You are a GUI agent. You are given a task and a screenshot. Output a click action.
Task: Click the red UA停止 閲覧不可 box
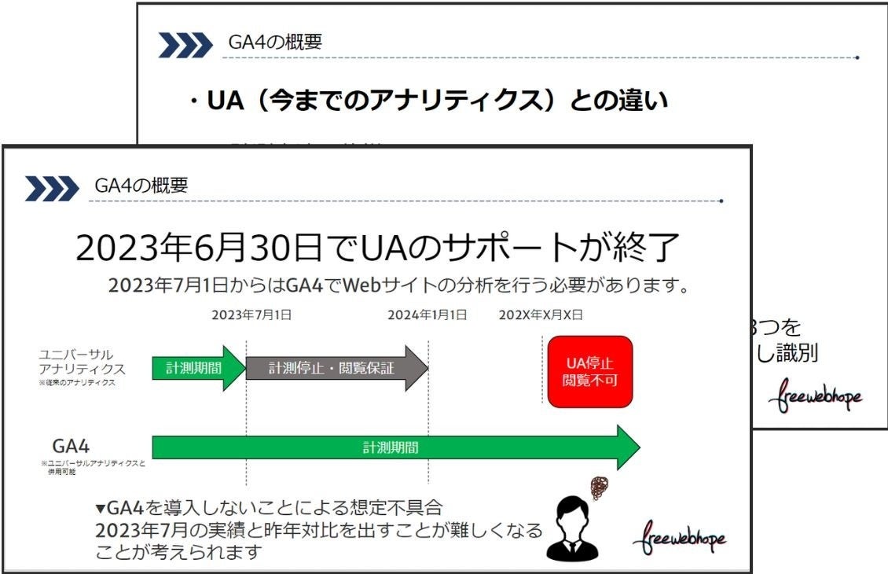point(589,371)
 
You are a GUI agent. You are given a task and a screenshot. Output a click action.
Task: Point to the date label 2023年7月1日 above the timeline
point(251,315)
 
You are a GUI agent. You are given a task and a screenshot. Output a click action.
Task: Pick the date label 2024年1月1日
point(427,315)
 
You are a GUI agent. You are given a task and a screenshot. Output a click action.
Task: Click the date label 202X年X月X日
point(541,315)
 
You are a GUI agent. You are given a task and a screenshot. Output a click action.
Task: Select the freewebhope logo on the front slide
point(679,537)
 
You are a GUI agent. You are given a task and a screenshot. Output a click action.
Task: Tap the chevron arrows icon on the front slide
point(52,189)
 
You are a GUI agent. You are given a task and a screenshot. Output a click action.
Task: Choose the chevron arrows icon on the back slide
point(185,46)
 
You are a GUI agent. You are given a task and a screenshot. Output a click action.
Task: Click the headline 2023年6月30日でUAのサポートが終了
point(377,248)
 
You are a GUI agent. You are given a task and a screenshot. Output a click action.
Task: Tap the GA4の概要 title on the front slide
point(141,186)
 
